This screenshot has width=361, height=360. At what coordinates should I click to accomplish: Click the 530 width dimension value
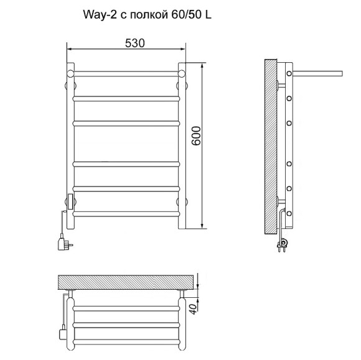click(135, 44)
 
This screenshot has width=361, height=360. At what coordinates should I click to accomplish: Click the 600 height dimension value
click(196, 136)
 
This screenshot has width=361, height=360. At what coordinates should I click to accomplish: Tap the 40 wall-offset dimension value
click(194, 308)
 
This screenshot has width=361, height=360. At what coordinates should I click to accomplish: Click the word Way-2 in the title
click(100, 15)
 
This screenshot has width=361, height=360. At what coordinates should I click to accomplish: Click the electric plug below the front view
click(64, 242)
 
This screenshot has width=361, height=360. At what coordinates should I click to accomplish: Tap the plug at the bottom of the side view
click(282, 244)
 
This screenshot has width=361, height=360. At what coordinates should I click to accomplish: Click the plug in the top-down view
click(63, 332)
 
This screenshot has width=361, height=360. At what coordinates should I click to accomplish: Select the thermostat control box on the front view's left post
click(70, 201)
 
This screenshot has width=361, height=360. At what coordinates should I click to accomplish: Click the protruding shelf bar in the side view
click(317, 73)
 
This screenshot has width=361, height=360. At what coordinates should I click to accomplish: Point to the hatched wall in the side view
click(271, 147)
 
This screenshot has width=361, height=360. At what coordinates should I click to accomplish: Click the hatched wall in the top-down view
click(126, 282)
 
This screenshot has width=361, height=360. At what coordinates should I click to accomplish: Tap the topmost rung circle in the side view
click(289, 73)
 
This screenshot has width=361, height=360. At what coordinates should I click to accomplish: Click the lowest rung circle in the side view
click(289, 213)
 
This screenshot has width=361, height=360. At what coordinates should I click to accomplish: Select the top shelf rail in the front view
click(126, 73)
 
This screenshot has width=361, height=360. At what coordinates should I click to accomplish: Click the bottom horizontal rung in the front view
click(126, 214)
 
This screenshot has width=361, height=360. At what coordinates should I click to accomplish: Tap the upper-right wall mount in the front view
click(182, 86)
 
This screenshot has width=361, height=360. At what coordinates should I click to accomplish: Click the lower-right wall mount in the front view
click(182, 201)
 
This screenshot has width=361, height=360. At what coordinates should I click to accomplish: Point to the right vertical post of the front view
click(182, 146)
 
